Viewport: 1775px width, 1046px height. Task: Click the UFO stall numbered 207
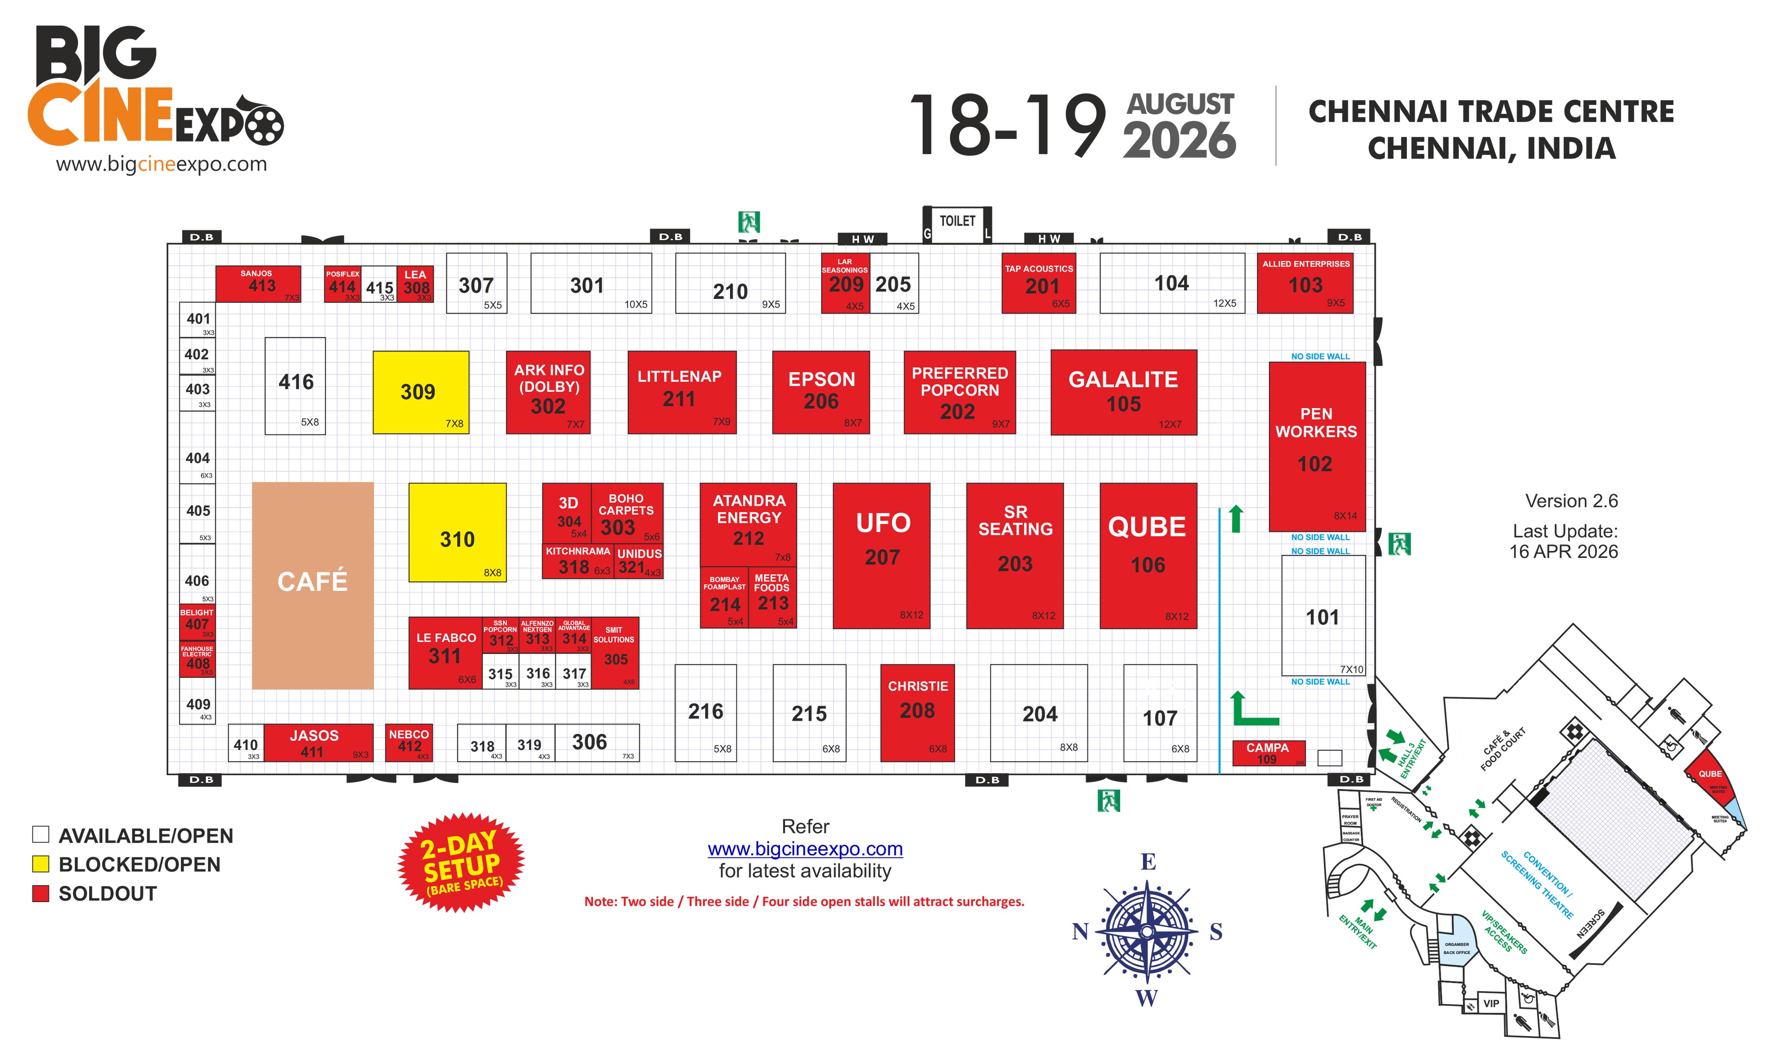pos(882,555)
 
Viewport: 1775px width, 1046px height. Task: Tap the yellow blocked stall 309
pos(420,392)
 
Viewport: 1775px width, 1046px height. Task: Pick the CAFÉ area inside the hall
pos(312,585)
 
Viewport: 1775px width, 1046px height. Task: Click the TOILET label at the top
pos(957,221)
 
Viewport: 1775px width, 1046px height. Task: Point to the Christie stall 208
pos(917,712)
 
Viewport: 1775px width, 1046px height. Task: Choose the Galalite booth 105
pos(1123,392)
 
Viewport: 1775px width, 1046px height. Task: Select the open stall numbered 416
pos(295,386)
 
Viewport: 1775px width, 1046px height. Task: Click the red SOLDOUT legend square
pos(41,893)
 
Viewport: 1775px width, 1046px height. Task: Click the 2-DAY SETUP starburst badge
pos(461,863)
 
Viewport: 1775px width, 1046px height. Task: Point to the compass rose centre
pos(1147,932)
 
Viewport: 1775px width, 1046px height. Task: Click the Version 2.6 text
pos(1571,501)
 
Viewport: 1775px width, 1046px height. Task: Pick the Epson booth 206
pos(821,392)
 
